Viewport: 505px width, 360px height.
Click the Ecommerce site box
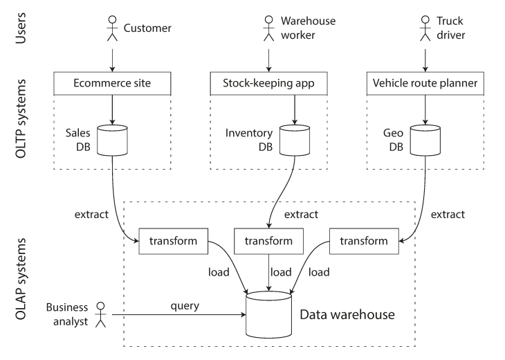[x=112, y=84]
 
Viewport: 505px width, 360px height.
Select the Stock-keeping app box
[x=268, y=84]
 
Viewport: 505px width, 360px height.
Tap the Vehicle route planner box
[x=425, y=84]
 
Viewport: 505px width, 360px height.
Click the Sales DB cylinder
[x=112, y=141]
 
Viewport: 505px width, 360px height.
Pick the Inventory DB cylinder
[x=295, y=141]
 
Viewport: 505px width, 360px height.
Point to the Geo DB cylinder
[x=425, y=141]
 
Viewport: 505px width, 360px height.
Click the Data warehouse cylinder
[x=268, y=314]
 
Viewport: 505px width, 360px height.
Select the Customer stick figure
[x=112, y=28]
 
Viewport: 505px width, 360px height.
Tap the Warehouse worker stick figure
[x=268, y=28]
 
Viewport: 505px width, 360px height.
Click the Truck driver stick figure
[x=425, y=28]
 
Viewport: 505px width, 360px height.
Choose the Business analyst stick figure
[x=101, y=314]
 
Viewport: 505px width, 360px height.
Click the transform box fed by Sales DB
[x=173, y=241]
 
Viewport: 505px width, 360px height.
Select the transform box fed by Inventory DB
[x=268, y=241]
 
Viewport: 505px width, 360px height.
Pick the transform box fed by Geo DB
[x=364, y=241]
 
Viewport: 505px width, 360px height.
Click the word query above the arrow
[x=185, y=306]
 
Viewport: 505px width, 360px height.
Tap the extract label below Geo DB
[x=448, y=215]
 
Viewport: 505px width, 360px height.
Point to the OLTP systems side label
[x=21, y=118]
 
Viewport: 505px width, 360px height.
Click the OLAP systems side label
[x=21, y=279]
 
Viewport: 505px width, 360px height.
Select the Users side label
[x=21, y=28]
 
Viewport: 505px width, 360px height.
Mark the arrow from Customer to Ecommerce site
[x=112, y=60]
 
